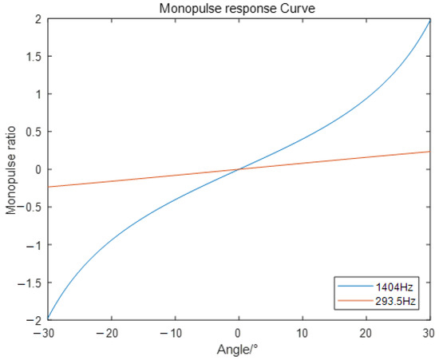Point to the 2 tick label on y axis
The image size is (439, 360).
[38, 19]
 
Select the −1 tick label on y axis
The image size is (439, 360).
[34, 244]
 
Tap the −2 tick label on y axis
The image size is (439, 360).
[34, 319]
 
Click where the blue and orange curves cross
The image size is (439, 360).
[239, 169]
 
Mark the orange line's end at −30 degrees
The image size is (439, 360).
[48, 187]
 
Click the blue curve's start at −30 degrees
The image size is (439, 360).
[48, 318]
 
